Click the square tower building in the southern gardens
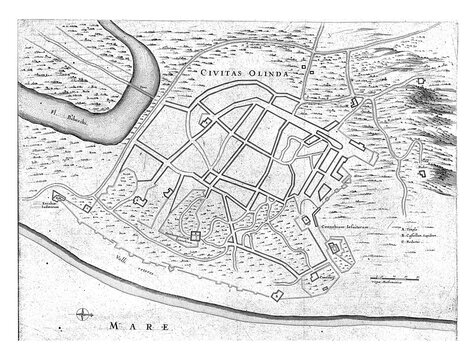point(195,237)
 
